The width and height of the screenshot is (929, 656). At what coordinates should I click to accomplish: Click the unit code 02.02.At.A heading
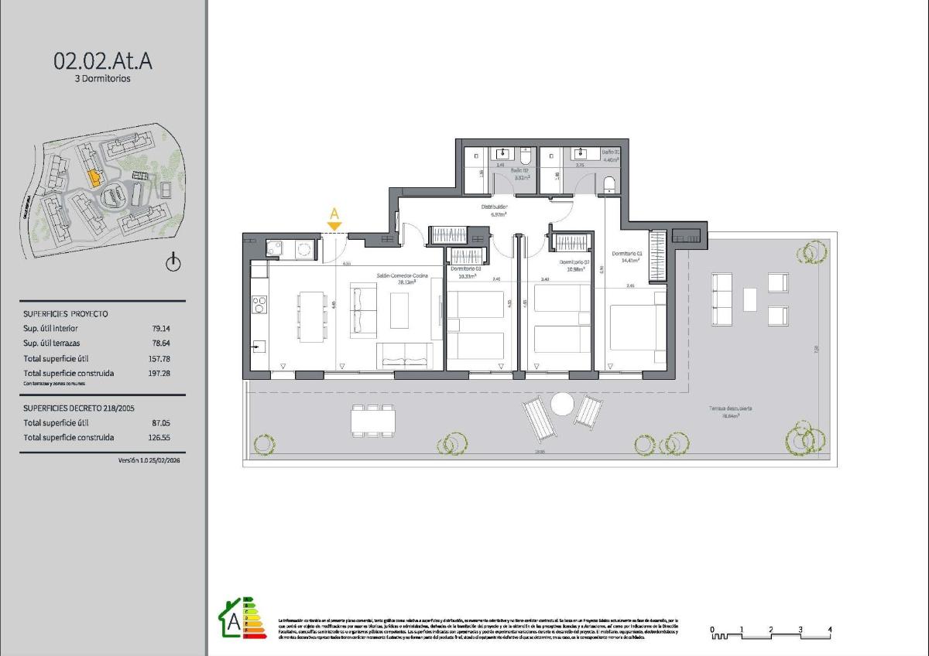tap(103, 60)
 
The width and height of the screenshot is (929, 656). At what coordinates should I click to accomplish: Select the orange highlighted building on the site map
tap(94, 178)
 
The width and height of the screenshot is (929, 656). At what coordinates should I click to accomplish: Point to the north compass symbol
tap(173, 263)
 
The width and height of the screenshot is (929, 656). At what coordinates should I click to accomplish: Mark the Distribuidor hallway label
tap(494, 207)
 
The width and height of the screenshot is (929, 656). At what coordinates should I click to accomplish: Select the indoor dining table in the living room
tap(312, 316)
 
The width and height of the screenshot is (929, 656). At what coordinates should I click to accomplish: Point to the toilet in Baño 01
tap(608, 184)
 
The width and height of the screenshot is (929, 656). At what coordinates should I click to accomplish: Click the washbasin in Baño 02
tap(503, 153)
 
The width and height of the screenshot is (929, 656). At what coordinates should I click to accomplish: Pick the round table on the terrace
tap(561, 404)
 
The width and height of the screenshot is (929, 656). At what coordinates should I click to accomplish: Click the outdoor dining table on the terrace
tap(373, 420)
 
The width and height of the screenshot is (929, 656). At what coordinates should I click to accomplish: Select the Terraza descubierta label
tap(730, 408)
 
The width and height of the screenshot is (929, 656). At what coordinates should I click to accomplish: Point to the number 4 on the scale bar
tap(829, 629)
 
